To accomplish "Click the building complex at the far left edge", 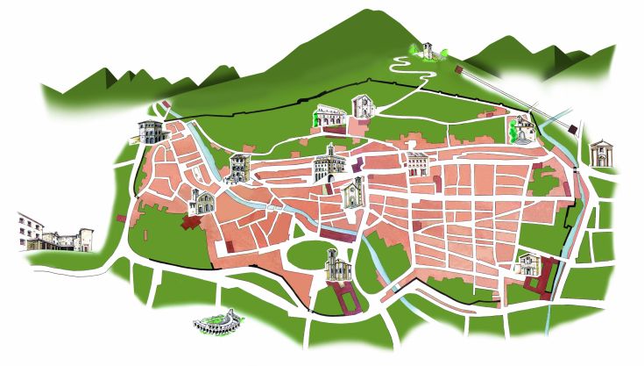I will point(53,233).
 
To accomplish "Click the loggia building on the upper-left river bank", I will point(237,168).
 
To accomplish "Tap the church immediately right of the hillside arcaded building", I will point(362,107).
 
